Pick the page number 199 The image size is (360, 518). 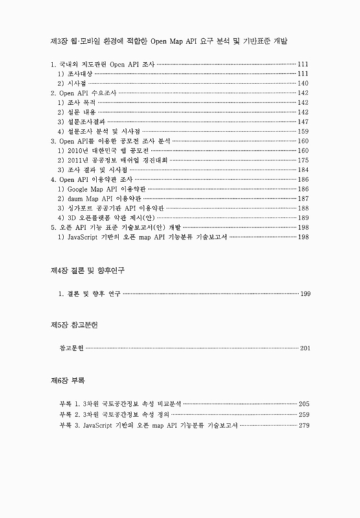pyautogui.click(x=306, y=295)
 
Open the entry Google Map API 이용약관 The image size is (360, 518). pyautogui.click(x=103, y=188)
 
